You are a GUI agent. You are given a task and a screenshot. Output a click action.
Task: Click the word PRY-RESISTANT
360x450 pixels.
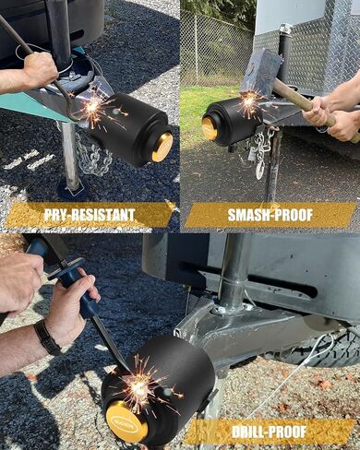pos(90,215)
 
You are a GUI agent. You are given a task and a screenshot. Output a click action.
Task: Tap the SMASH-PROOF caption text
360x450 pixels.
pos(270,215)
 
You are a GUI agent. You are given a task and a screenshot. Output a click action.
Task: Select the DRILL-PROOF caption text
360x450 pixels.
pos(269,432)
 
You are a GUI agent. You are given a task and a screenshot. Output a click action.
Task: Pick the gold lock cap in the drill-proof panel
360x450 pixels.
pos(124,421)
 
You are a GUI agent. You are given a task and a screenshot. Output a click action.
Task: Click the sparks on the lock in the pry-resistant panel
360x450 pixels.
pos(92,108)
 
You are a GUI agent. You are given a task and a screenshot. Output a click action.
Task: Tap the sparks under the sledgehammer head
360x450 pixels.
pos(250,102)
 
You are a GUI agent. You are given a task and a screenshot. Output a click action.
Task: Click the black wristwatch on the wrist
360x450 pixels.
pos(47,337)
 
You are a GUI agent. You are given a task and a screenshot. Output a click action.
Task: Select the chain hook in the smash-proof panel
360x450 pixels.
pos(260,169)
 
